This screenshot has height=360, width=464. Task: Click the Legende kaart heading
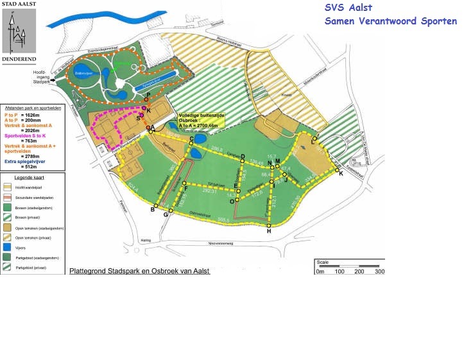[24, 176]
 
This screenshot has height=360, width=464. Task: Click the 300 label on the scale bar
[379, 271]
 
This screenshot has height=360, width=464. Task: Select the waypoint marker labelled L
[314, 139]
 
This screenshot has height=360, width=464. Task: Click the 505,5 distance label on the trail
[223, 219]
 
